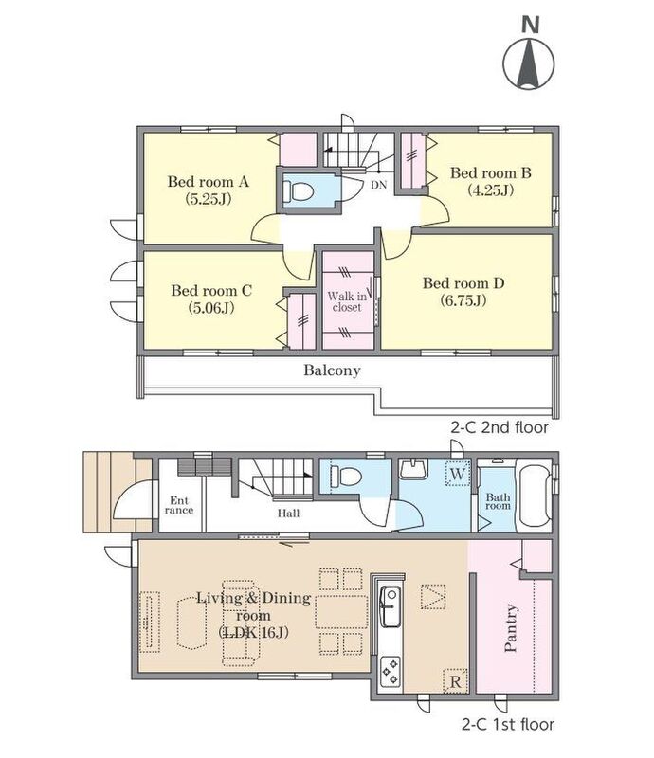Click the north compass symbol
point(529,54)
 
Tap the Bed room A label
point(208,182)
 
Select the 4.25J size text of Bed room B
point(491,190)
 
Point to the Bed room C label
point(211,291)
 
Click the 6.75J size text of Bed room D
point(463,300)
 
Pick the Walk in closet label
point(347,301)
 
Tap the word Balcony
point(332,370)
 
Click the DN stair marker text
point(379,184)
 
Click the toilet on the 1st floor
point(346,477)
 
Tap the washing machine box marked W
point(457,473)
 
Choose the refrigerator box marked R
point(456,681)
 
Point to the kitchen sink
point(389,606)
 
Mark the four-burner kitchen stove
point(390,671)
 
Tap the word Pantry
point(511,628)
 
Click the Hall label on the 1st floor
point(288,514)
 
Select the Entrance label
point(179,505)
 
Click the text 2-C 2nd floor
point(500,428)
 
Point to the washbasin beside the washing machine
point(412,468)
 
